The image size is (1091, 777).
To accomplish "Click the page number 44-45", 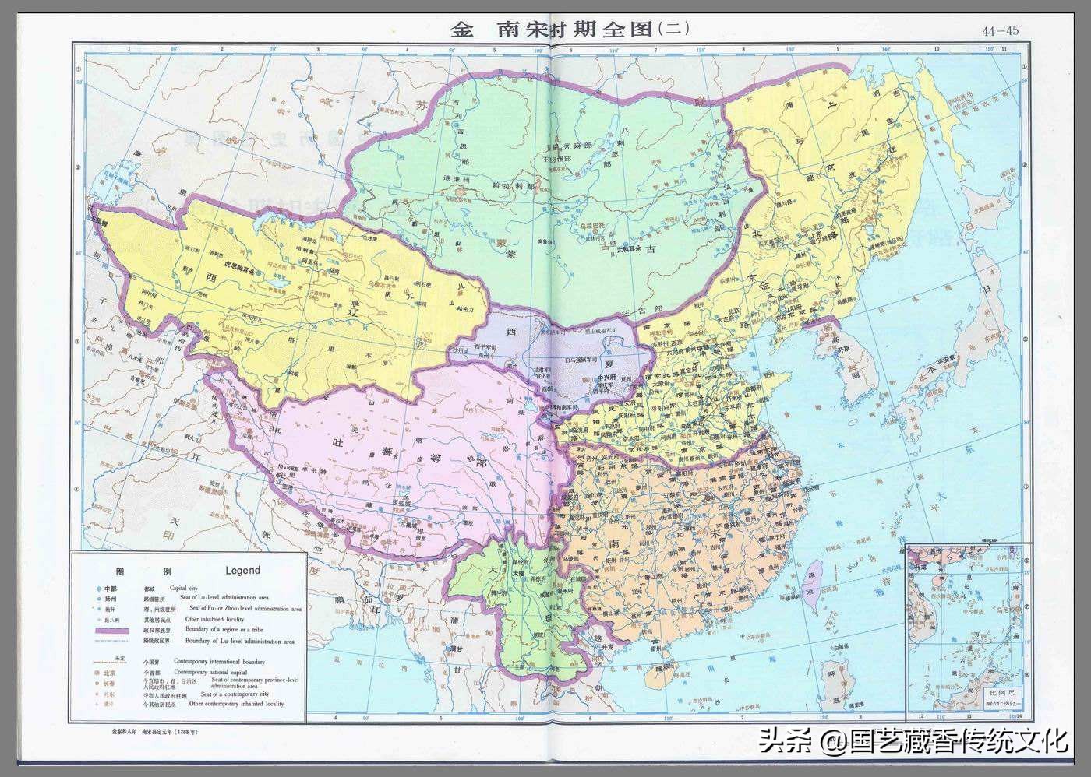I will pos(1000,31).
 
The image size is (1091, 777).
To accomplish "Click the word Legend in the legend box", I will pos(242,570).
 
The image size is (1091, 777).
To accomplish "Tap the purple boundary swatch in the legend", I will pos(112,629).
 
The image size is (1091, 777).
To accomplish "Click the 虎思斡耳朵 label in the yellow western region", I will pos(230,265).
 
